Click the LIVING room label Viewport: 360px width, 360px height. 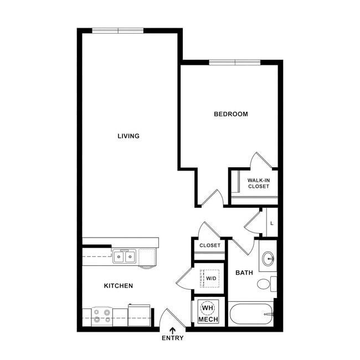[x=128, y=136]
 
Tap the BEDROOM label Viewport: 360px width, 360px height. [x=231, y=114]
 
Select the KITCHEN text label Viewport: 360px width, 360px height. [x=119, y=286]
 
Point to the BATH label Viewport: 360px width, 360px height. [x=244, y=272]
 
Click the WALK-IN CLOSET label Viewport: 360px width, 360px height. [x=259, y=183]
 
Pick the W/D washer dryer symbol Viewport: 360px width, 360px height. [x=211, y=279]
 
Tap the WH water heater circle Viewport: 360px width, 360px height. [x=208, y=307]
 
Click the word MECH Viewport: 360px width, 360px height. [x=208, y=320]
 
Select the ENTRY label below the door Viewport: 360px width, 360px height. [x=173, y=338]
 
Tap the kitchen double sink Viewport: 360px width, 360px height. [x=124, y=256]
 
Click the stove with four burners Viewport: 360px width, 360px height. [x=102, y=316]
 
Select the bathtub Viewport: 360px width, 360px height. [x=251, y=314]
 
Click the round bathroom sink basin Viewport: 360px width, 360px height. [x=268, y=259]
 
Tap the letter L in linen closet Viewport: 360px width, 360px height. [x=272, y=223]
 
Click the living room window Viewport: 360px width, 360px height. [x=118, y=31]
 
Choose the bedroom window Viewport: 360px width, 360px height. [x=235, y=63]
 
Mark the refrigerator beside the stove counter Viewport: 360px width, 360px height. [x=139, y=315]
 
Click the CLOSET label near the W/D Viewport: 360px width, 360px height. [x=210, y=245]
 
